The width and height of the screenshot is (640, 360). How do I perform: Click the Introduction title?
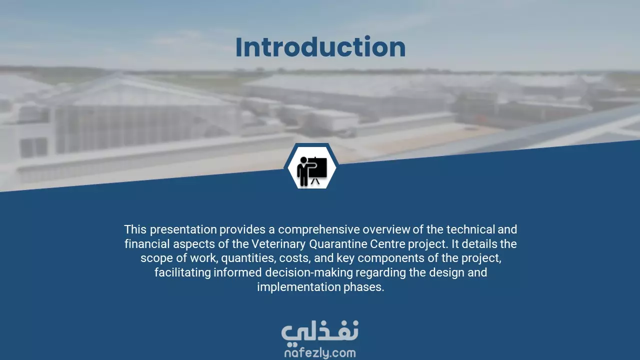tap(320, 47)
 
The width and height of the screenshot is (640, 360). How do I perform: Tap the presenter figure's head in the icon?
tap(303, 160)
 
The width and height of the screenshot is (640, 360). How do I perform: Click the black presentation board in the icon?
tap(318, 167)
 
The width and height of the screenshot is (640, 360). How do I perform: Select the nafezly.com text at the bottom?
tap(320, 353)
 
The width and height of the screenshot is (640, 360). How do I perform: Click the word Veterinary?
tap(278, 244)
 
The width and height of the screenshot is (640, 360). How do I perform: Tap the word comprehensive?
tap(319, 229)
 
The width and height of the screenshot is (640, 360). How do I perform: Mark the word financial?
tap(147, 244)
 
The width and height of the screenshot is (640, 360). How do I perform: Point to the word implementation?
tap(299, 287)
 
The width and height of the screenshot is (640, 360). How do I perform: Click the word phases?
tap(363, 287)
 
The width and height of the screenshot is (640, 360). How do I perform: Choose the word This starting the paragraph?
tap(135, 229)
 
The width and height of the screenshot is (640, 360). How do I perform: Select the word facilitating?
tap(182, 272)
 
